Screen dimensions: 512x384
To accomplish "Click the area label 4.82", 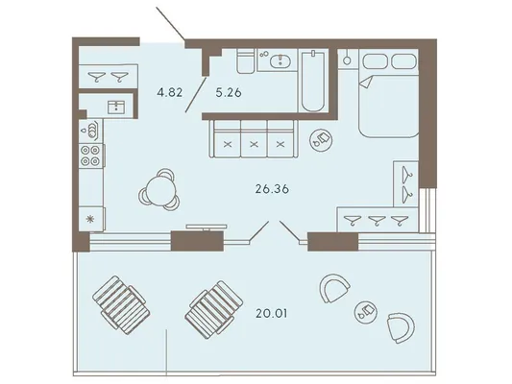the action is click(x=169, y=93).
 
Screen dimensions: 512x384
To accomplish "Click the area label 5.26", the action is click(x=229, y=93).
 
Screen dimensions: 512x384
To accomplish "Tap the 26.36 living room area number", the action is click(x=272, y=189).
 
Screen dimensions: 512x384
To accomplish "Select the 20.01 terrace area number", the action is click(x=272, y=314).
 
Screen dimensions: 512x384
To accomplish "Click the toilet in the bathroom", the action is click(x=246, y=61).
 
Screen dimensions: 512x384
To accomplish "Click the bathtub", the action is click(x=313, y=81).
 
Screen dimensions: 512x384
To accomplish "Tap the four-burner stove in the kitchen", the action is click(x=90, y=156).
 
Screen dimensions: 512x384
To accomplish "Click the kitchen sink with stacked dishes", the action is click(x=90, y=131).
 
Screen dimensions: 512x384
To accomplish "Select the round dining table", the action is click(x=160, y=190).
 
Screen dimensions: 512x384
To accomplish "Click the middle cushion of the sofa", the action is click(x=254, y=138).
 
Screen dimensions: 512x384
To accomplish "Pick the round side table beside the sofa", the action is click(x=321, y=139).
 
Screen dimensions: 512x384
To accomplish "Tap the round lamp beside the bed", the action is click(x=347, y=60).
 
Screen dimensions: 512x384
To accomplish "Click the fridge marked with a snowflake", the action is click(x=91, y=219).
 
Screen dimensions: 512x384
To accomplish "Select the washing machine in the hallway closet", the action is click(x=116, y=108).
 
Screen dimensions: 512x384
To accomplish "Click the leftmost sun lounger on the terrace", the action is click(x=121, y=304).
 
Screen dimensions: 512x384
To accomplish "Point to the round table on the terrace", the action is click(x=366, y=312).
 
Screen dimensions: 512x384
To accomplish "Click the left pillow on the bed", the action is click(x=376, y=61).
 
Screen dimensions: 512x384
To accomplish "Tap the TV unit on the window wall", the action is click(x=207, y=227).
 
